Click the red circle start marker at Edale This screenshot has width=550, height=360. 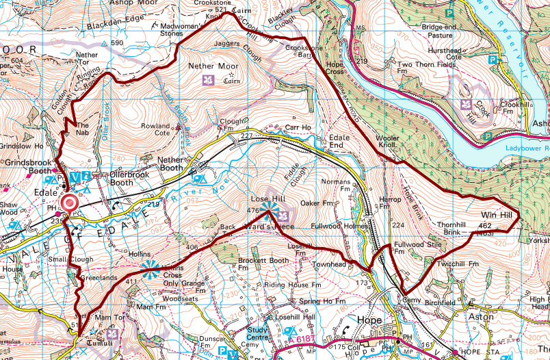tap(70, 203)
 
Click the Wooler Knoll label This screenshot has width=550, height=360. tap(388, 142)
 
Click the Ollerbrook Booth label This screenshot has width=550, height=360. tap(112, 179)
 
